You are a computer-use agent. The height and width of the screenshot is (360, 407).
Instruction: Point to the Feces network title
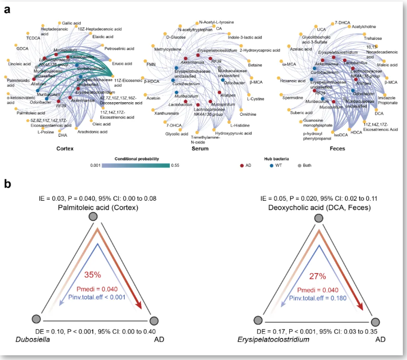(337, 148)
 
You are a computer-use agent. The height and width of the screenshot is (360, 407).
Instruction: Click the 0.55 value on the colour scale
(175, 165)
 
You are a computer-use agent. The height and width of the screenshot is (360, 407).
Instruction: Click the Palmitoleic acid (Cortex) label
(92, 209)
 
